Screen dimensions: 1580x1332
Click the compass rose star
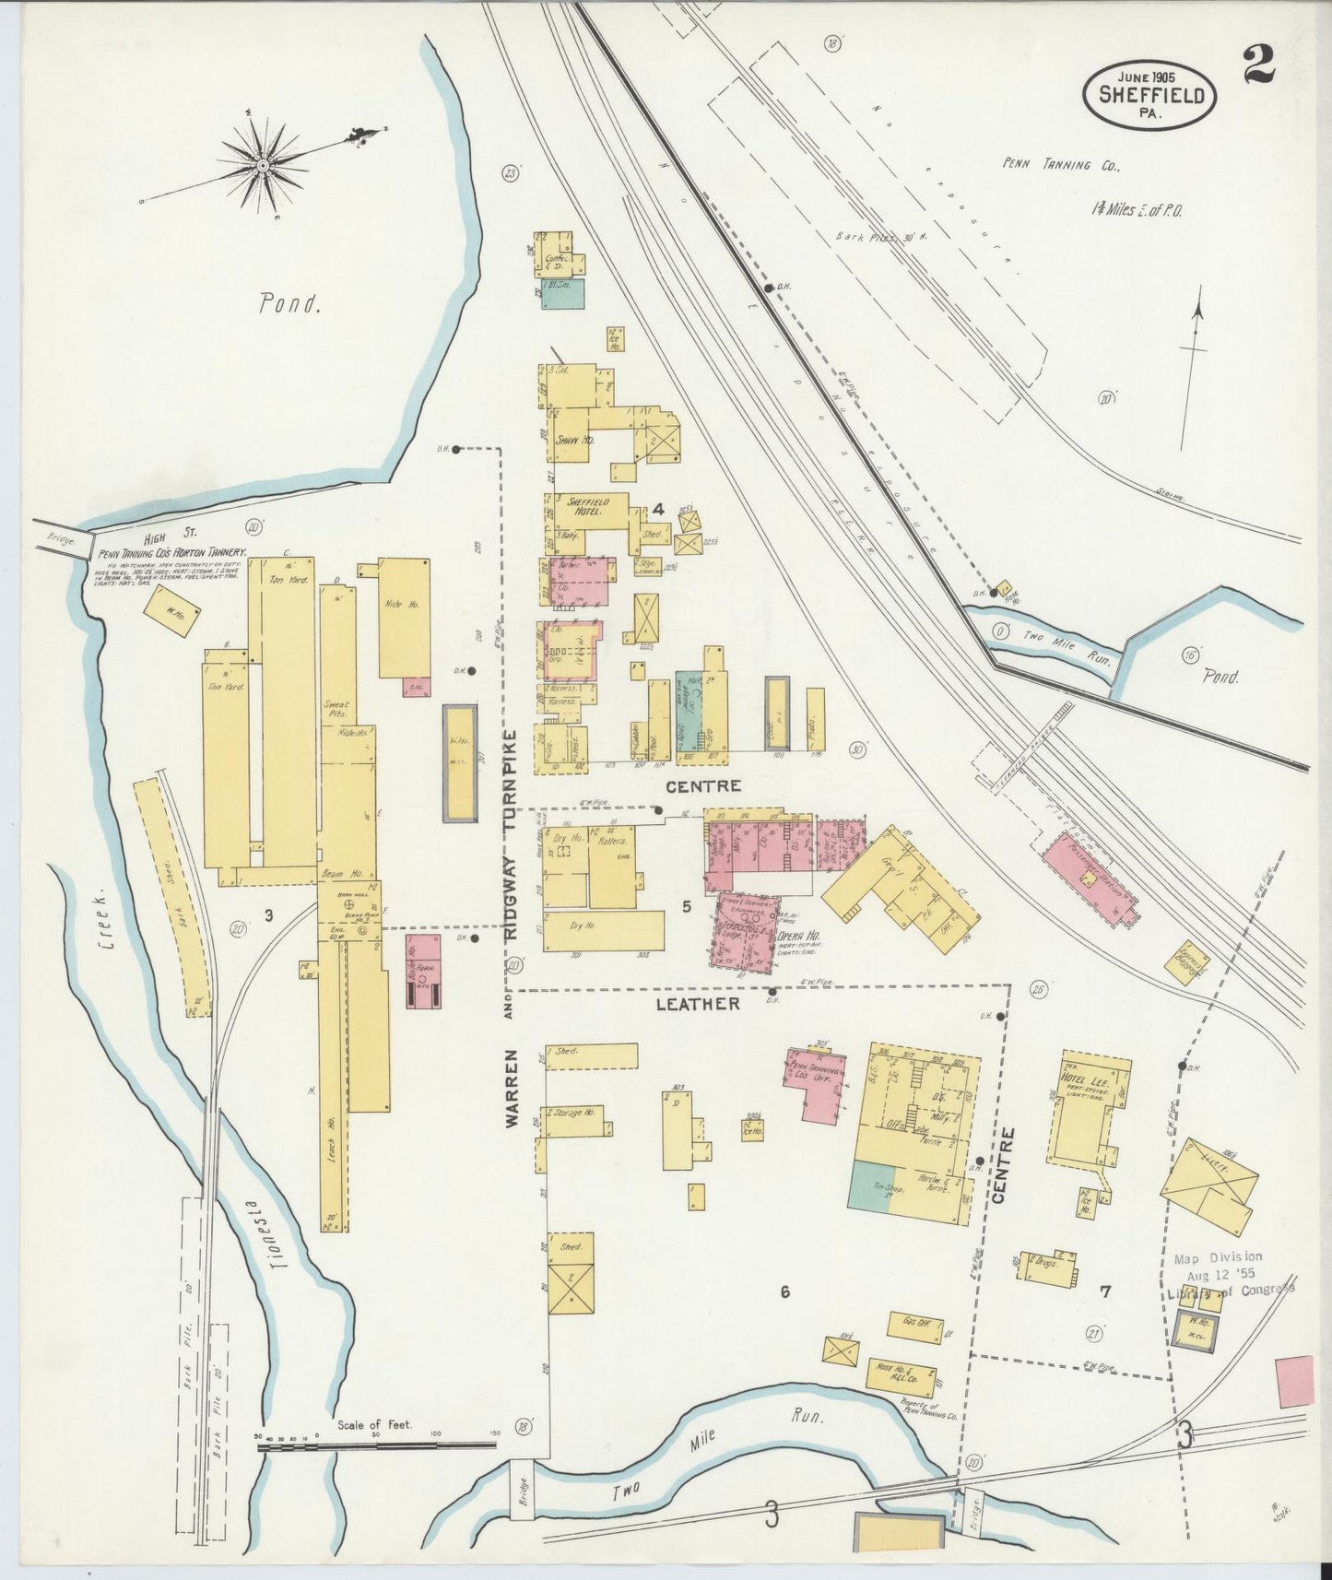coord(263,165)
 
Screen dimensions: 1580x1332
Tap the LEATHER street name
coord(697,1004)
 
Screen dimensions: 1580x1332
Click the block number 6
coord(784,1292)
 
